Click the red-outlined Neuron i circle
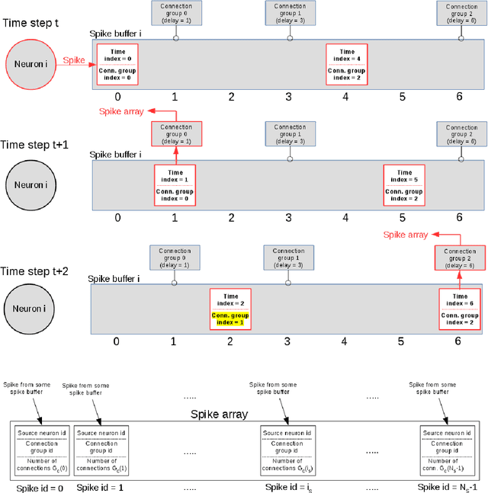tap(30, 64)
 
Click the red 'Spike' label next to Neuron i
tap(73, 59)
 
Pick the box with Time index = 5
tap(403, 185)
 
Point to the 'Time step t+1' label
tap(36, 144)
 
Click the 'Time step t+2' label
tap(36, 271)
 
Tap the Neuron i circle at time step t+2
tap(30, 309)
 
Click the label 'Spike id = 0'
tap(40, 485)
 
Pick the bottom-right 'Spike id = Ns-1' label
tap(448, 485)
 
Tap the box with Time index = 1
tap(175, 185)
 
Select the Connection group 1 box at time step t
tap(290, 13)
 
